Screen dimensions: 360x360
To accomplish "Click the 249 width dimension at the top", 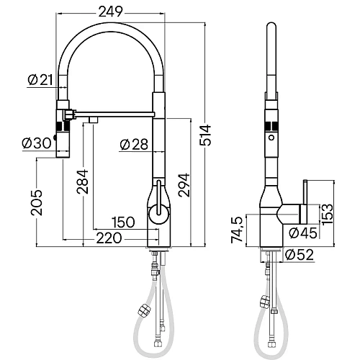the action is pyautogui.click(x=111, y=12).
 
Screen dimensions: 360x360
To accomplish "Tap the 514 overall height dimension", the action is pyautogui.click(x=205, y=135).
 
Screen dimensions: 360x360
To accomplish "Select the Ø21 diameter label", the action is pyautogui.click(x=40, y=80).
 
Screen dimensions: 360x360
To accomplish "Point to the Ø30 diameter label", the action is pyautogui.click(x=37, y=143).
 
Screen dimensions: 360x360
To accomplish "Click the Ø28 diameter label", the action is pyautogui.click(x=134, y=145).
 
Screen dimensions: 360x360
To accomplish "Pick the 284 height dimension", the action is pyautogui.click(x=82, y=181).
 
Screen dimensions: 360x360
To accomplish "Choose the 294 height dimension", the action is pyautogui.click(x=184, y=185).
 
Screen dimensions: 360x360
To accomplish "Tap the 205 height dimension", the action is pyautogui.click(x=37, y=203).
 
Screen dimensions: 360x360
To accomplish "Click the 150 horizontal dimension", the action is pyautogui.click(x=123, y=222).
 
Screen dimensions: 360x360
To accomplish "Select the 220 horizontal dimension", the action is pyautogui.click(x=109, y=238).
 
